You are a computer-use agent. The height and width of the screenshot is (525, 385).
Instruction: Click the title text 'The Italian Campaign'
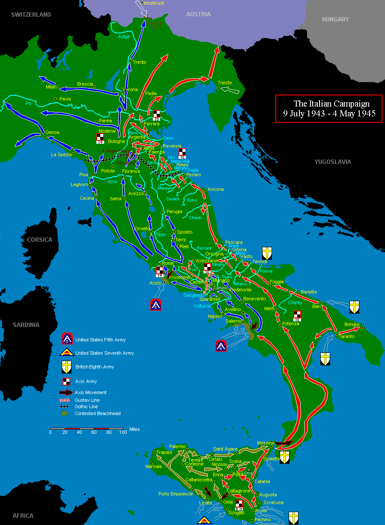(x=331, y=104)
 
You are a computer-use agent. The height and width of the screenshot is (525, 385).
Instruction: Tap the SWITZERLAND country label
(x=31, y=15)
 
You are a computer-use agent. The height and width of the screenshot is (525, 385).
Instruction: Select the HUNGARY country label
(x=336, y=19)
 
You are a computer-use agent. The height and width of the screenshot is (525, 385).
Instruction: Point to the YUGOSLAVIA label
(x=333, y=162)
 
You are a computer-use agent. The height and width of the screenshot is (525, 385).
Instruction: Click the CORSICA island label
(x=39, y=240)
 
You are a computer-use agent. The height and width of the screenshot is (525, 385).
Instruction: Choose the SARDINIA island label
(x=26, y=325)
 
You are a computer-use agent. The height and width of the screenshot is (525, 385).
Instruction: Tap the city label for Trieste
(x=225, y=83)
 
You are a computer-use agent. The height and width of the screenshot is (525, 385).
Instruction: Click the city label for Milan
(x=51, y=87)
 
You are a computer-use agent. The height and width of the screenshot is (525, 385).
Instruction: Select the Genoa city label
(x=52, y=132)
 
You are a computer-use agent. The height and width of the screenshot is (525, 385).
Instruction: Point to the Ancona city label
(x=216, y=189)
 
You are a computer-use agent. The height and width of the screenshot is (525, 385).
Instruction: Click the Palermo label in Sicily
(x=177, y=446)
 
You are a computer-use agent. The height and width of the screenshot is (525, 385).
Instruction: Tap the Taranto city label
(x=347, y=336)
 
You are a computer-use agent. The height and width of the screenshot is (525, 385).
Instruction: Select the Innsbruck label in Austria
(x=154, y=3)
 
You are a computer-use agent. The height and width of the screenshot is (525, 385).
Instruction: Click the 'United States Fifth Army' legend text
(x=100, y=340)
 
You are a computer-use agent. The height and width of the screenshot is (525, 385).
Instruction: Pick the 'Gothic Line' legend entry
(x=86, y=406)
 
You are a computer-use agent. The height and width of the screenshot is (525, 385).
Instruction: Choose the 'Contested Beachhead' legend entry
(x=97, y=413)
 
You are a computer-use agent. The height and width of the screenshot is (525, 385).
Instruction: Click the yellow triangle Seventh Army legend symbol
(x=67, y=353)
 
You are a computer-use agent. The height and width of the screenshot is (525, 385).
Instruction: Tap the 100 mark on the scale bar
(x=123, y=433)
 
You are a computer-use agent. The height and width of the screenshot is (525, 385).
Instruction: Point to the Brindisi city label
(x=352, y=324)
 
